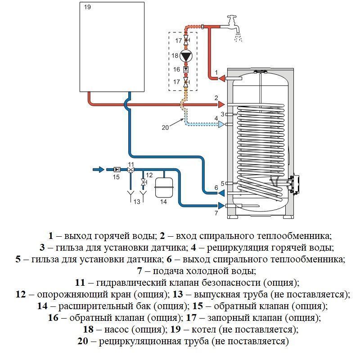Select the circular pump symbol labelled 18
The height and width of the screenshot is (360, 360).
(186, 56)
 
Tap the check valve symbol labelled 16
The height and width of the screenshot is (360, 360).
(186, 70)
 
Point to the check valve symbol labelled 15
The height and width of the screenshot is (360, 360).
(117, 170)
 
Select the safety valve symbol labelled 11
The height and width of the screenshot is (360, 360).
(130, 170)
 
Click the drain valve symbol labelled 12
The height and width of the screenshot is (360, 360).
(144, 182)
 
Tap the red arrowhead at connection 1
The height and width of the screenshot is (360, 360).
(221, 79)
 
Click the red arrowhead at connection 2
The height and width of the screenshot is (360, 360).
(221, 104)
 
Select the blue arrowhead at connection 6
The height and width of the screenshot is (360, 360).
(221, 193)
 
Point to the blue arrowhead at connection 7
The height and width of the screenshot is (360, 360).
(221, 206)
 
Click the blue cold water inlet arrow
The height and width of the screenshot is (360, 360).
(98, 170)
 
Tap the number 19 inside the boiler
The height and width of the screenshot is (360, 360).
(87, 7)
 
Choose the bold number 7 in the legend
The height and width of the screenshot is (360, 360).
(139, 271)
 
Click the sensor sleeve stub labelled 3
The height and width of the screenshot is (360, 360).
(229, 114)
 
